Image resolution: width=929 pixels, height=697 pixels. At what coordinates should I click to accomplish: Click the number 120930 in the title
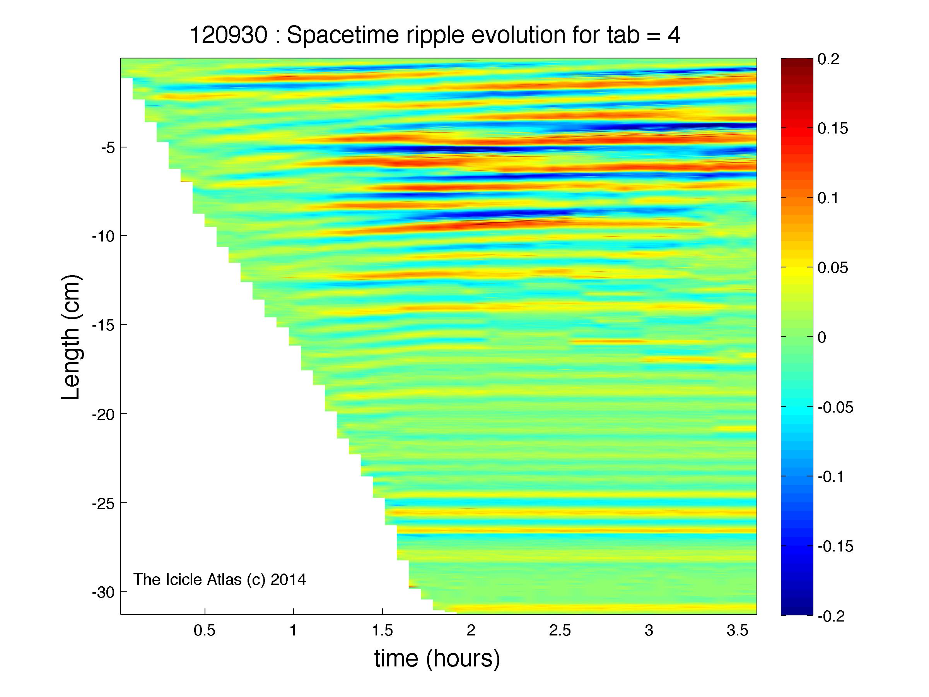229,35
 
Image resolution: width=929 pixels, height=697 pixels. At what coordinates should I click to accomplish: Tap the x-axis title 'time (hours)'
437,659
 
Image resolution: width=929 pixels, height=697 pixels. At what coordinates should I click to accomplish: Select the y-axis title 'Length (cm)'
70,337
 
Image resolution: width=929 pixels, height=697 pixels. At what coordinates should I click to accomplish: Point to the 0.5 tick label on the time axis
205,630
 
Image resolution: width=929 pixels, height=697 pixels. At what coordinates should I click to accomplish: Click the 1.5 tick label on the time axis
382,630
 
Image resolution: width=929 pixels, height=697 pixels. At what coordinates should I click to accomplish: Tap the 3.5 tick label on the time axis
738,630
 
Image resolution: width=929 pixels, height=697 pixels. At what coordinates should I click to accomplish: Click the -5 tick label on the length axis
107,147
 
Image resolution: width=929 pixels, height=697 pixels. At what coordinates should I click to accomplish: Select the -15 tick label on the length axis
103,325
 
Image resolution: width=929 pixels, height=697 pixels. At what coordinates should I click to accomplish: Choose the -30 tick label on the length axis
103,592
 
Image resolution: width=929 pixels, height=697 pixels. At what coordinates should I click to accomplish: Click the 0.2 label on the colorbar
828,59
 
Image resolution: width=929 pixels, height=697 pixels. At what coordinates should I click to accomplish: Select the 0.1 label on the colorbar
828,198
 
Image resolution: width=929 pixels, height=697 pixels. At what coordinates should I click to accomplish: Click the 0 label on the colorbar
822,337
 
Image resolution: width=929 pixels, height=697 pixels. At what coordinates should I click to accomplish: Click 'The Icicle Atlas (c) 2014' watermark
220,580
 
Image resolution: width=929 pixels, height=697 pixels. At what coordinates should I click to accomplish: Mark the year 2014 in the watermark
289,580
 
